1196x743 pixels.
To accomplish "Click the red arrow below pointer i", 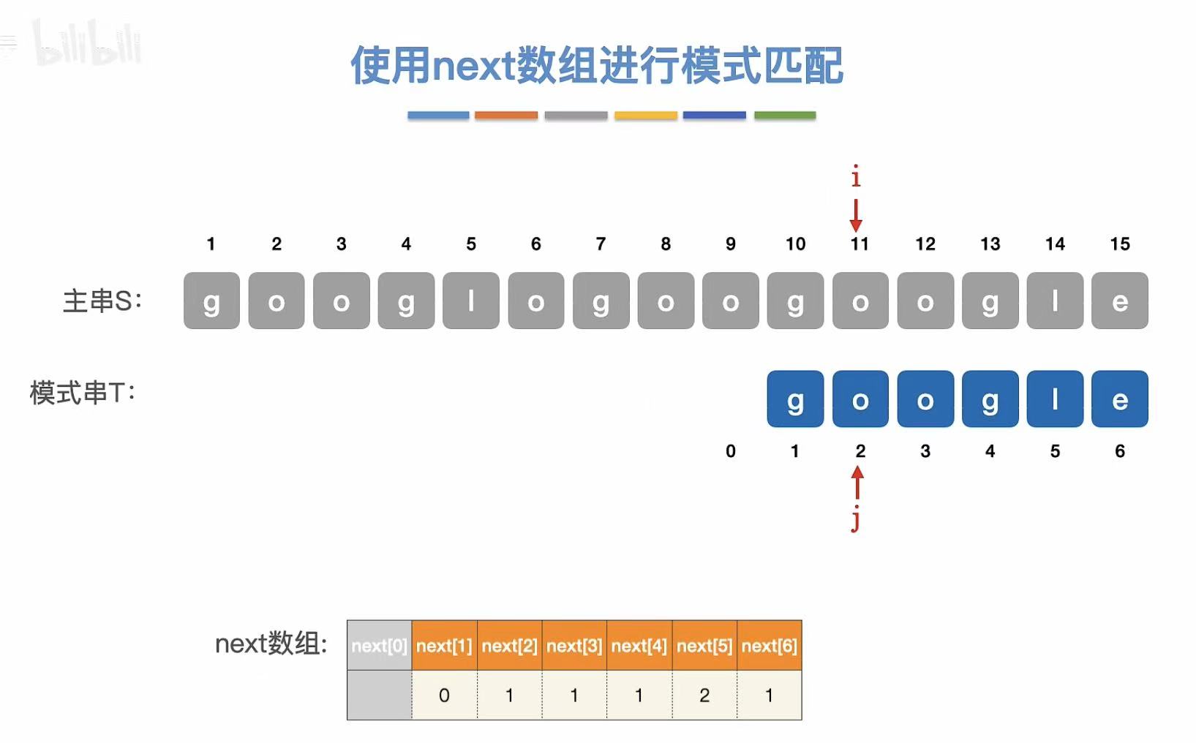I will tap(856, 215).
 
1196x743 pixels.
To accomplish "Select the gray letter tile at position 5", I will tap(471, 301).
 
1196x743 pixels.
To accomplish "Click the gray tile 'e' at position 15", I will tap(1119, 301).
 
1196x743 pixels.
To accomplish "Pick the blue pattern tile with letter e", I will tap(1119, 399).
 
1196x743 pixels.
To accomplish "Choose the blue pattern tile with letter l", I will tap(1055, 399).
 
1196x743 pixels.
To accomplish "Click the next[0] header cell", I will tap(379, 646).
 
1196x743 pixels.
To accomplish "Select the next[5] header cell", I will tap(704, 646).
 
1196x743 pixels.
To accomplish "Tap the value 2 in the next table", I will tap(704, 695).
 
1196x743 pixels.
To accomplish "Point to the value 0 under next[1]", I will tap(444, 695).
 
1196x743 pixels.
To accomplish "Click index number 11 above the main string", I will tap(860, 244).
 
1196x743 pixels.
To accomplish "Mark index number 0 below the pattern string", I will tap(730, 451).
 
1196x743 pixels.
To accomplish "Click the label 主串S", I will tap(102, 301).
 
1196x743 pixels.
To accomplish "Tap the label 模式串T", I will tap(82, 393).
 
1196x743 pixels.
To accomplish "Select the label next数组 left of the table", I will tap(271, 644).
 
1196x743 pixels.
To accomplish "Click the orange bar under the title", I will tap(505, 116).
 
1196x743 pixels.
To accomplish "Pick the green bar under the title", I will tap(785, 116).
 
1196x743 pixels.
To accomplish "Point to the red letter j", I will tap(855, 520).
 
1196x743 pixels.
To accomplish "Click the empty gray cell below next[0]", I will tap(379, 695).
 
